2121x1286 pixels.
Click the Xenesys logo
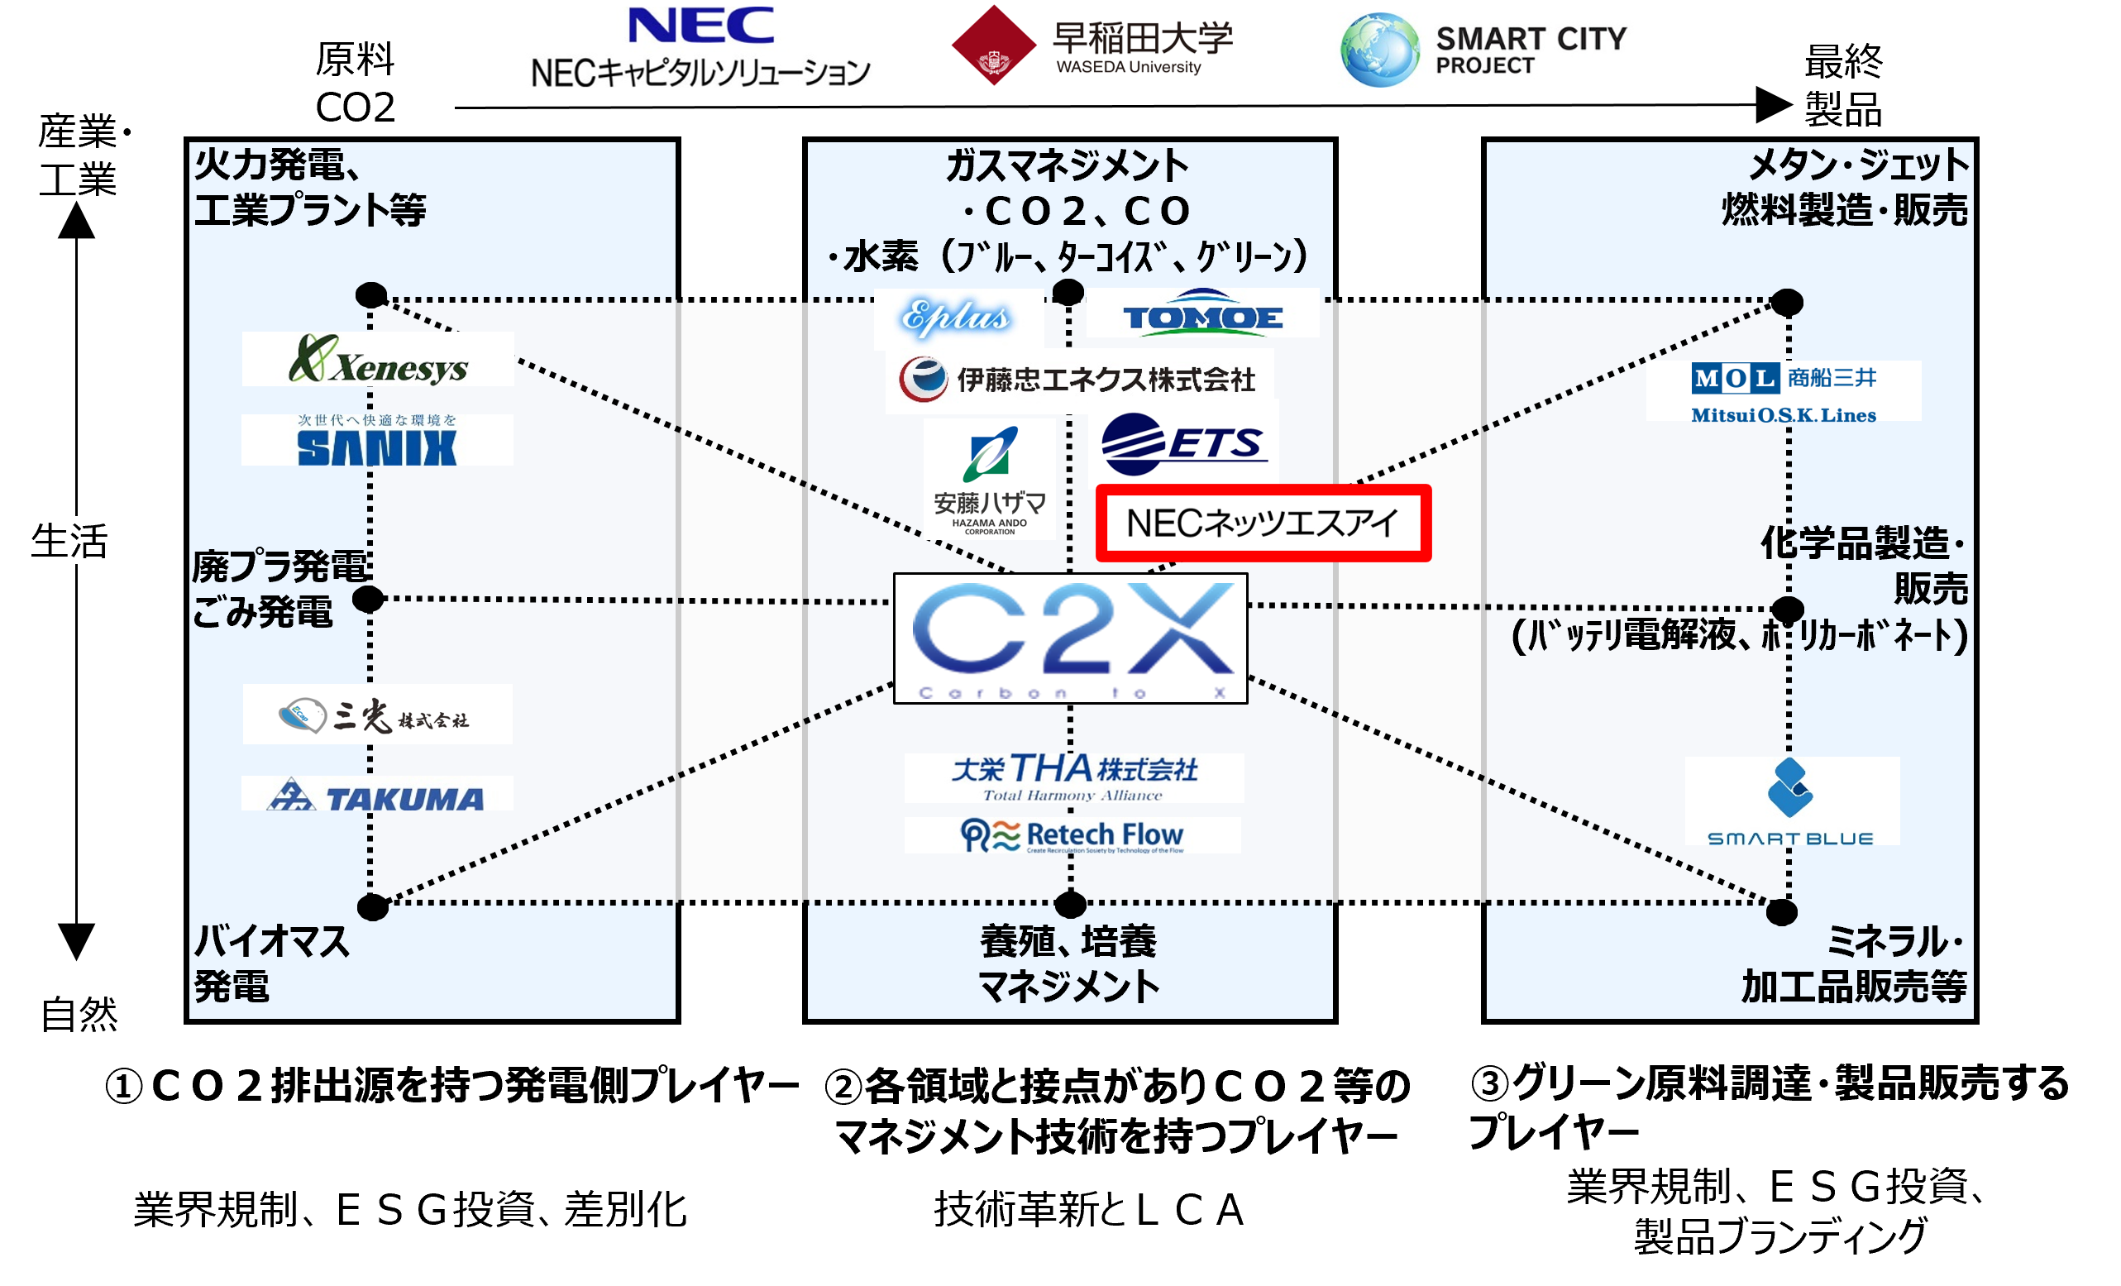379,361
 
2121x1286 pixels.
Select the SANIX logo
377,442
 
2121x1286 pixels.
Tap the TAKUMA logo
377,797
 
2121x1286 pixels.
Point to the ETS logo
1182,444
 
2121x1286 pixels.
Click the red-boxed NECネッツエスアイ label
1263,523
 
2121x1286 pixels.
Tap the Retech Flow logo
1072,836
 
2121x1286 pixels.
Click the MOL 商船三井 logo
1784,393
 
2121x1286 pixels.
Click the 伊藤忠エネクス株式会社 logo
1077,380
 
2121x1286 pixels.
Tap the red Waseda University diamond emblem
993,45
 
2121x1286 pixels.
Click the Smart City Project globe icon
1379,50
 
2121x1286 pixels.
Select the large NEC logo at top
700,26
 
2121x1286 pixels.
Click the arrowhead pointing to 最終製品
1773,105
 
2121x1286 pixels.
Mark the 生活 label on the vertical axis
69,542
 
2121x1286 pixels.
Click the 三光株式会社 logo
377,715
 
